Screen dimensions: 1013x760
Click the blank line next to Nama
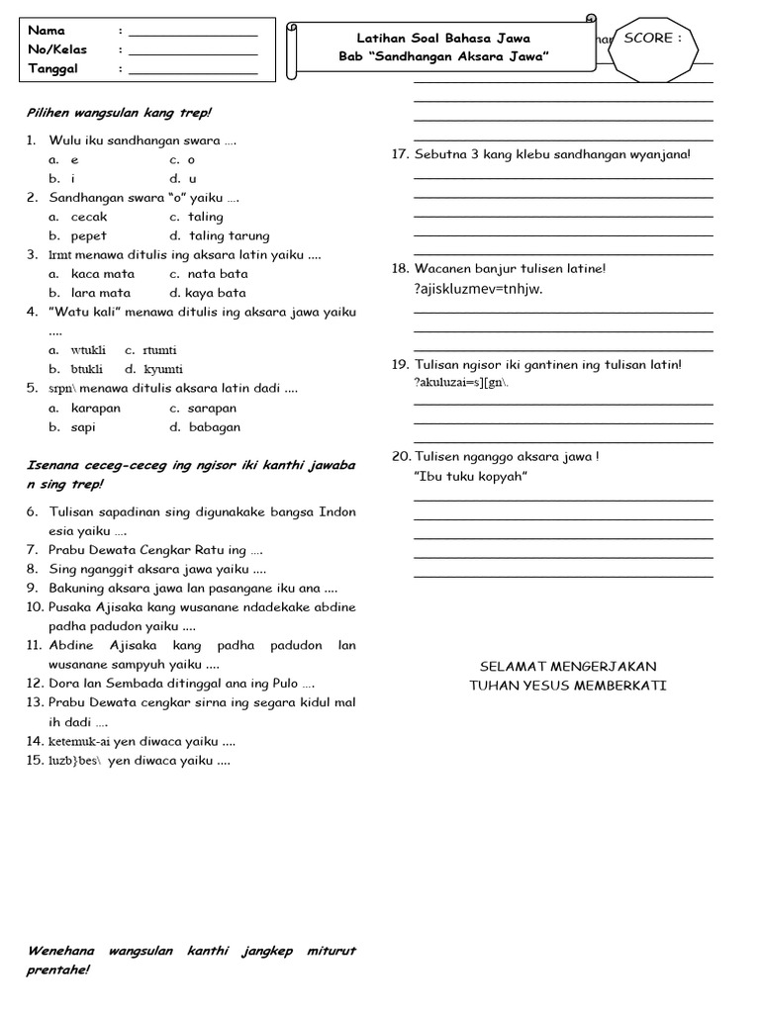[193, 34]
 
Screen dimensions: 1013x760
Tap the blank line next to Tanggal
[193, 71]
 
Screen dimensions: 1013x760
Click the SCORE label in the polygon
[653, 39]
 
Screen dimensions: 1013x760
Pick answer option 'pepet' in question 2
[89, 236]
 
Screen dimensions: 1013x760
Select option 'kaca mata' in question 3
[103, 274]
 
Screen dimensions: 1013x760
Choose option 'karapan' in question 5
[96, 408]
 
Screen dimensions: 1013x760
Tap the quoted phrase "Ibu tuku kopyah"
[471, 477]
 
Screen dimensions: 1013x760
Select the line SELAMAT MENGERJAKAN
[568, 667]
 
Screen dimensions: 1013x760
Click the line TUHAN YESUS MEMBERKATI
[568, 686]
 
